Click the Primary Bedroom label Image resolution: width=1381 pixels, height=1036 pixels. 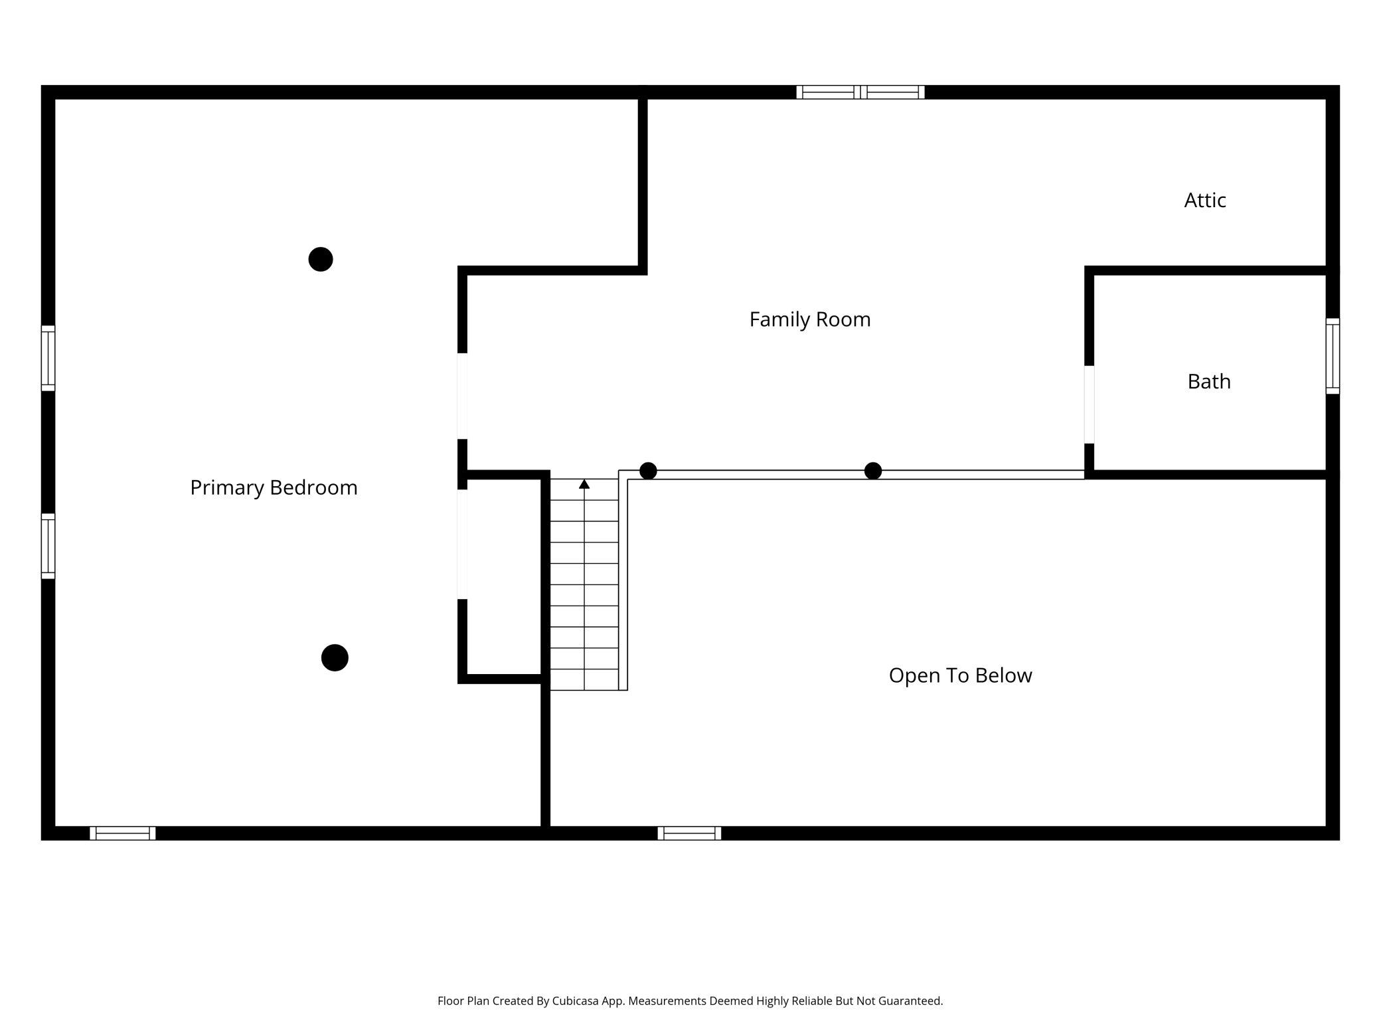pos(274,488)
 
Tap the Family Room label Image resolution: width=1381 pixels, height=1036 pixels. pos(810,320)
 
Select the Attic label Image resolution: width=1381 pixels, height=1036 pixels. pos(1205,200)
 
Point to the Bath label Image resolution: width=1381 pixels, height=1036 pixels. pos(1209,381)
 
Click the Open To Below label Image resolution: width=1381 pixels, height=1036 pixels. pos(960,675)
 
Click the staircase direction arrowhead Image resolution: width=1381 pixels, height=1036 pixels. pos(584,484)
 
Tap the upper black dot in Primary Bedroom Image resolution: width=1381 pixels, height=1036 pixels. pos(321,259)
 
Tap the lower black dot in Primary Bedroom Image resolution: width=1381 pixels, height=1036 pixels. pos(335,657)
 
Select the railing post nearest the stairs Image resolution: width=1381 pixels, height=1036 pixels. pos(648,471)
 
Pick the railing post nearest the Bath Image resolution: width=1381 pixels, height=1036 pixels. pos(873,471)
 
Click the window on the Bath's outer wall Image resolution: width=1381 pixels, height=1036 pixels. pos(1333,356)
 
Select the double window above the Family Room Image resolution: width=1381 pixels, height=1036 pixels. pos(860,92)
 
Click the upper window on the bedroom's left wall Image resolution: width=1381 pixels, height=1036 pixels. pos(48,358)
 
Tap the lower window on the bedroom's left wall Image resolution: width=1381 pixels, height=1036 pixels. pos(48,546)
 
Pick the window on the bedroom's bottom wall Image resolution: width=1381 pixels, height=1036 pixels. pos(123,833)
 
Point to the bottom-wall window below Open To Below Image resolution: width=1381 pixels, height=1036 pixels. pos(689,833)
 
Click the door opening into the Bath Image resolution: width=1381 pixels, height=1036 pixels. pos(1089,404)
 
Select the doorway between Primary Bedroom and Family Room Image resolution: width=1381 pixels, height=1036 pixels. pos(462,396)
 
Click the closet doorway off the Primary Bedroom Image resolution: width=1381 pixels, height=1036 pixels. pos(462,544)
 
